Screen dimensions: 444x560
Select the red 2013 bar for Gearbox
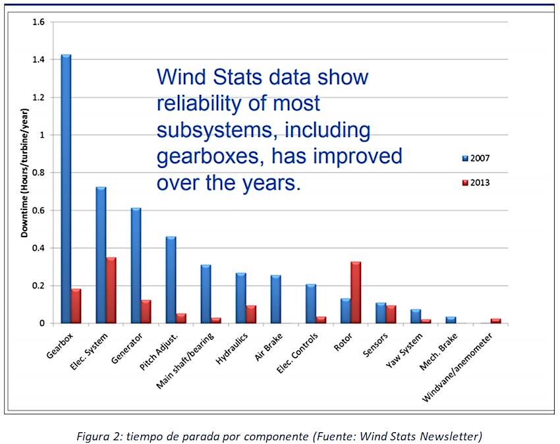[x=76, y=306]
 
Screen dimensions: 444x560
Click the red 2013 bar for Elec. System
[x=111, y=291]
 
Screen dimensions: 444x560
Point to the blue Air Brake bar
[x=275, y=299]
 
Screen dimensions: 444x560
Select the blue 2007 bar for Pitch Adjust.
[x=171, y=280]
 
